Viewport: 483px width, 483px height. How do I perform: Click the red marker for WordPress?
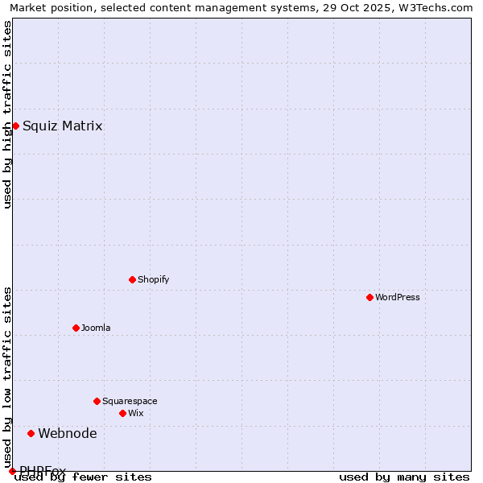(369, 297)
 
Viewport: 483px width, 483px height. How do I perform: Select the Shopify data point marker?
(132, 279)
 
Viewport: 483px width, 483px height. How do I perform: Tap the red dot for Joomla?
(76, 328)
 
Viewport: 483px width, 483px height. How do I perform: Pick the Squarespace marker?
(97, 401)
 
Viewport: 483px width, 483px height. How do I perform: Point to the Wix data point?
(122, 413)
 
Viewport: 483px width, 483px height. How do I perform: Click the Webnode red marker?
(31, 433)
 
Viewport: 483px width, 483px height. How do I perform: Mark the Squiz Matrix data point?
(15, 126)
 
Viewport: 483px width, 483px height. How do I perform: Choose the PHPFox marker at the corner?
(12, 471)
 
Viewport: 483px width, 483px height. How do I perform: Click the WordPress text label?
(398, 297)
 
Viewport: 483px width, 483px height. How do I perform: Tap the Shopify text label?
(154, 279)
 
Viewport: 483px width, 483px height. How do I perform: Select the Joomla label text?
(96, 328)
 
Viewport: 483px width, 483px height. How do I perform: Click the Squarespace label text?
(130, 401)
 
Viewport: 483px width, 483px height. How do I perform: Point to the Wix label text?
(135, 413)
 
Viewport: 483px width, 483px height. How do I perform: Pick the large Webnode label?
(68, 433)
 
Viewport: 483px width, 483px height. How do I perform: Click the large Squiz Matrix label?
(63, 126)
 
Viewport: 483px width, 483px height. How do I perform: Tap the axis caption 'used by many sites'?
(404, 477)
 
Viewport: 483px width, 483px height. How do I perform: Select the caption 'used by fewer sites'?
(84, 477)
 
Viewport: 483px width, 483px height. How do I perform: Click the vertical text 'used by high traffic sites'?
(7, 114)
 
